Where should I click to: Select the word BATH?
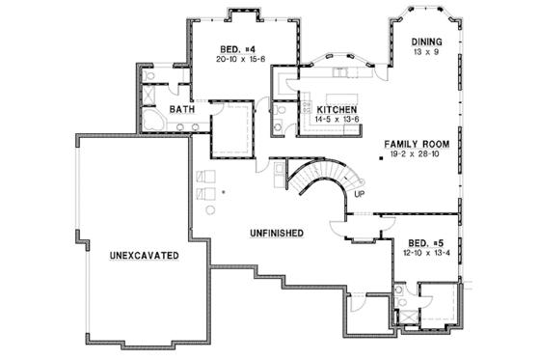(x=182, y=110)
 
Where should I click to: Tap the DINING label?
(x=425, y=42)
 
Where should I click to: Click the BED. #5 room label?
(x=421, y=243)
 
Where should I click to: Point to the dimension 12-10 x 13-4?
(x=421, y=253)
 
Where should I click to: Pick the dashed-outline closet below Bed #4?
(x=230, y=127)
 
